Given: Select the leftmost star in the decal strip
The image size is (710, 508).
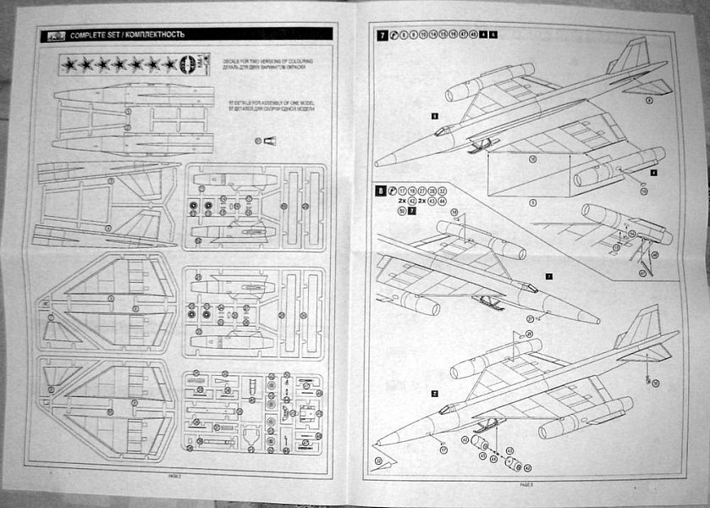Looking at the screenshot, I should tap(67, 63).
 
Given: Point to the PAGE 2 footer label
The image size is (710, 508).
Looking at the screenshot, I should tap(176, 478).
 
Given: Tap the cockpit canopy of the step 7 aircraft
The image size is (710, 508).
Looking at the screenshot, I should tap(443, 130).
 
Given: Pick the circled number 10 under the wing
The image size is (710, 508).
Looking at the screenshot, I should tap(533, 157).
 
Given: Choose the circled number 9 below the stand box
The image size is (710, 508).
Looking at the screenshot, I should tap(531, 202).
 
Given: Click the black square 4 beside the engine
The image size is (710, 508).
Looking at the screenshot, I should tap(653, 171).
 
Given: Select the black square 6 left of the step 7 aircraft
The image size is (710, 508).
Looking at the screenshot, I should tap(434, 113).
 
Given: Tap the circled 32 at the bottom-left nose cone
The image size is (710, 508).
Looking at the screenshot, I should tap(377, 459).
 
